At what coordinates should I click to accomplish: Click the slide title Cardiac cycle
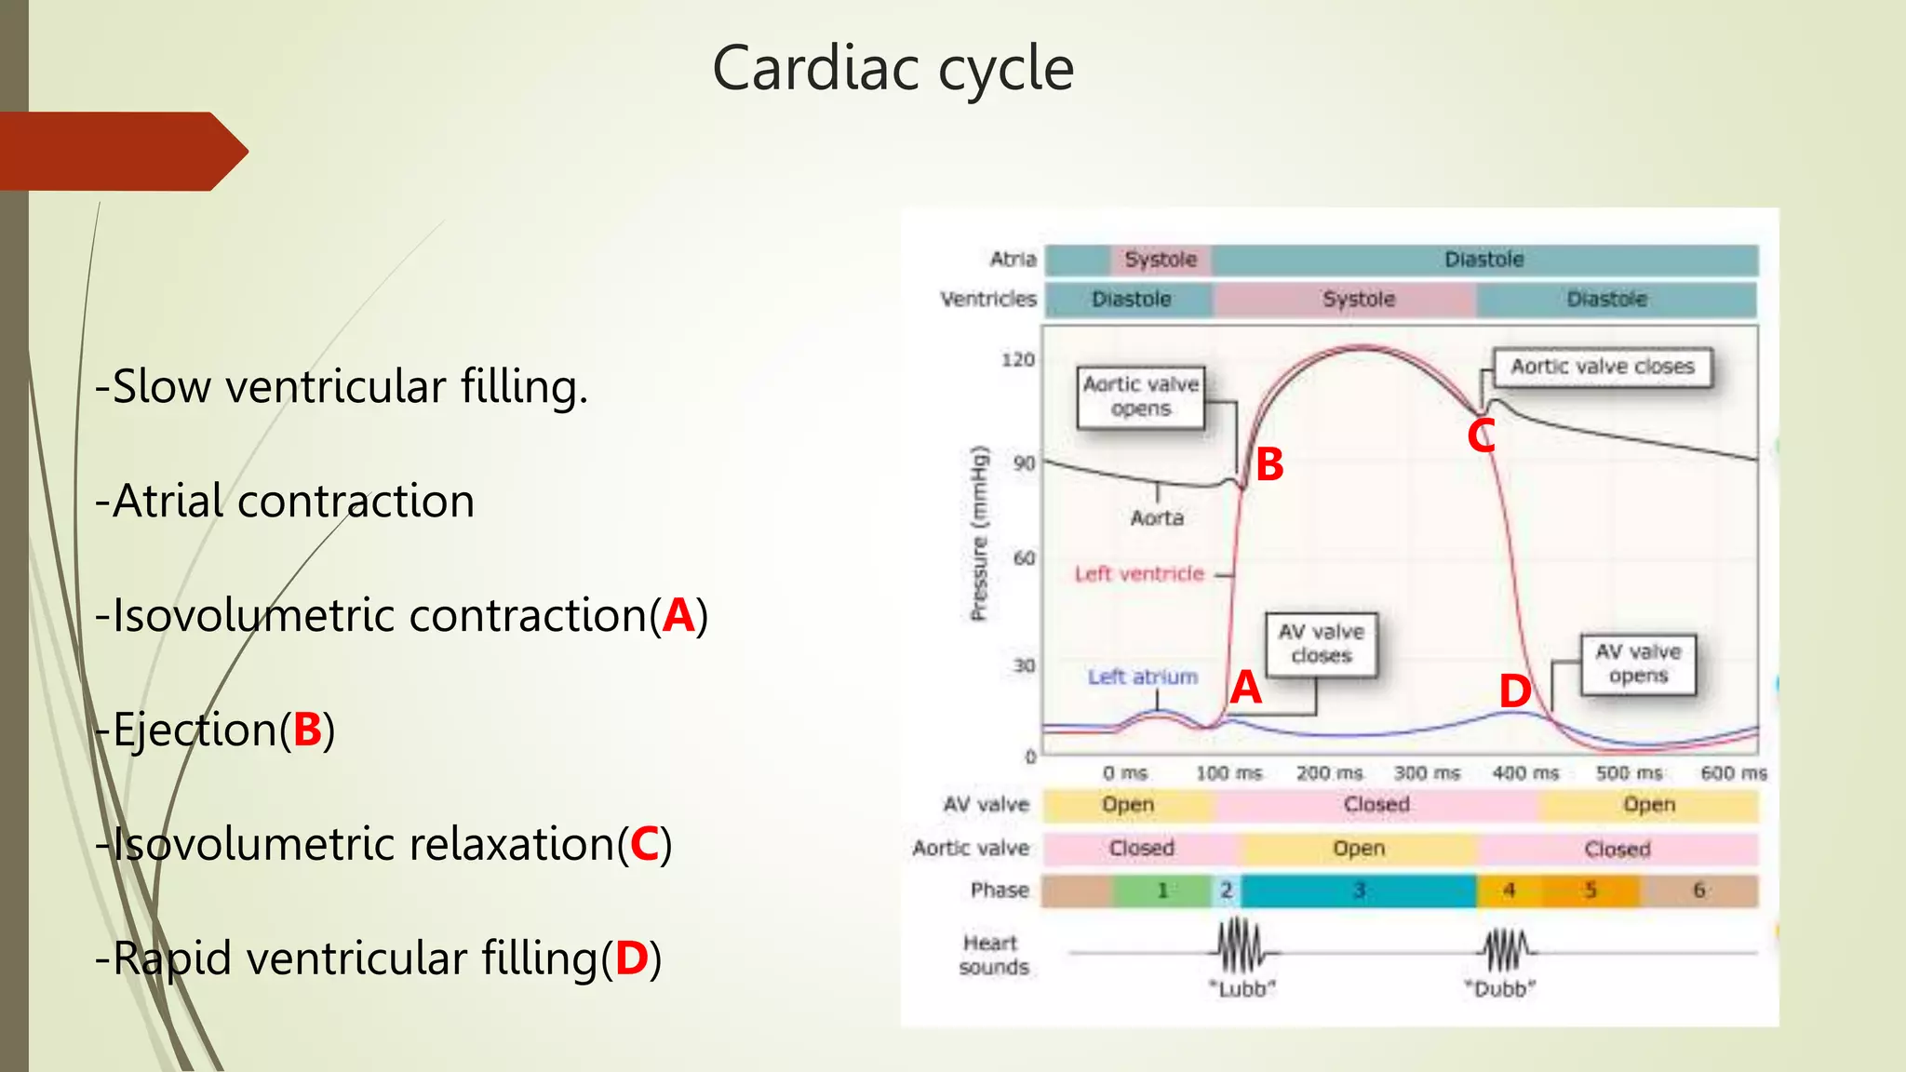pos(893,69)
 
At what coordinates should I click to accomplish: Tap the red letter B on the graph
pos(1269,464)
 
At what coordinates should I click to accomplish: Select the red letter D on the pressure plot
pos(1514,691)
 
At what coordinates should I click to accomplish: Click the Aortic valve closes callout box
pos(1602,367)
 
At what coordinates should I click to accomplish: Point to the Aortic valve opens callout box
pos(1141,397)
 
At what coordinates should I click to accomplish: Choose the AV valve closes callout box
pos(1321,644)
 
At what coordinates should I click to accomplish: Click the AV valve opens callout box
pos(1638,663)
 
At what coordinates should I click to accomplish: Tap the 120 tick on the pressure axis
pos(1017,359)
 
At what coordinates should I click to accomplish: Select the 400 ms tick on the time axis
pos(1525,773)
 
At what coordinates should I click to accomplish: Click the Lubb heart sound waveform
pos(1242,947)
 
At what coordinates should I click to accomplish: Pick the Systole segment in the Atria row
pos(1160,260)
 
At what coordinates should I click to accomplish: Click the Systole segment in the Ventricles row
pos(1358,300)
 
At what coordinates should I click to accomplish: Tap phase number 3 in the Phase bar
pos(1358,891)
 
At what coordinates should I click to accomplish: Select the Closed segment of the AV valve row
pos(1376,805)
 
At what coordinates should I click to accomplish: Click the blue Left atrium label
pos(1142,677)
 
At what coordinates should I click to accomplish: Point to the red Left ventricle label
pos(1138,574)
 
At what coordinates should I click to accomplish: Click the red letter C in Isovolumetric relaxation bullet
pos(644,844)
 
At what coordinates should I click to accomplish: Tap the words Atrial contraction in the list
pos(293,502)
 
